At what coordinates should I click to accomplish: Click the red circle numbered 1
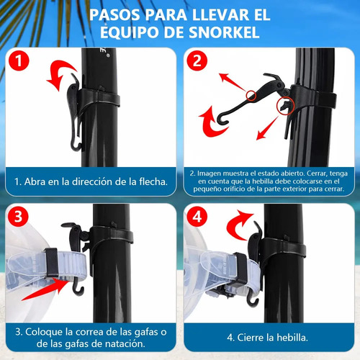pos(19,60)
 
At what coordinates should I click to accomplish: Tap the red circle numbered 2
pos(197,60)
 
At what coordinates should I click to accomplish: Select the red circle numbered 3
pos(19,217)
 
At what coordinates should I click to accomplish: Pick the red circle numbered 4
pos(197,217)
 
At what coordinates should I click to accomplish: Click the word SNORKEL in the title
pos(224,32)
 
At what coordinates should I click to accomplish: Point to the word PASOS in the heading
pos(114,15)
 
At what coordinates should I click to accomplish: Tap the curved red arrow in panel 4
pos(239,225)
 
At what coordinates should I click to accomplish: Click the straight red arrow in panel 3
pos(45,289)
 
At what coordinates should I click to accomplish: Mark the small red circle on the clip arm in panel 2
pos(251,96)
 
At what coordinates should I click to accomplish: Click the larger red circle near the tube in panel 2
pos(285,106)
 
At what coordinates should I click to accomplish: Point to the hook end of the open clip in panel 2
pos(222,120)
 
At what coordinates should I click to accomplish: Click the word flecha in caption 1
pos(153,181)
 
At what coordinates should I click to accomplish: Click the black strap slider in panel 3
pos(52,262)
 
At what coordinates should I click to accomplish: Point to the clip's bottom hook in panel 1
pos(76,145)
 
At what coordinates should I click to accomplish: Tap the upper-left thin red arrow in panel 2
pos(233,82)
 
